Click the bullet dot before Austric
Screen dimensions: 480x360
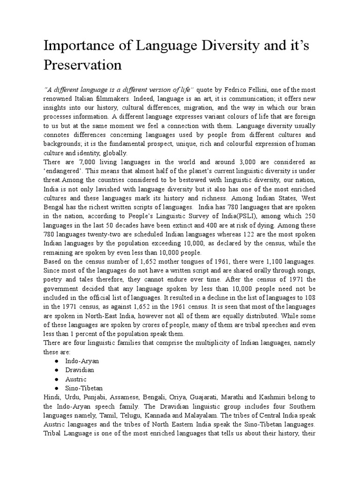pyautogui.click(x=56, y=379)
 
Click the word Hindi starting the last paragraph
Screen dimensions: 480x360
pyautogui.click(x=52, y=397)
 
